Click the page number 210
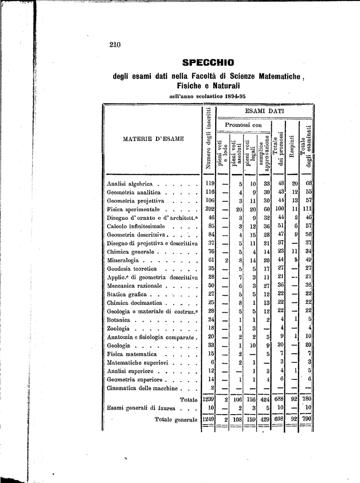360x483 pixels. [115, 45]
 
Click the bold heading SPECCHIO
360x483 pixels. [208, 62]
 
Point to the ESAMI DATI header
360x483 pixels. [264, 111]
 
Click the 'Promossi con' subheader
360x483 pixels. [243, 125]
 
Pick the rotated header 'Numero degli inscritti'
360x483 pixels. [208, 139]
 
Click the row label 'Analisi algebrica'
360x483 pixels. [130, 184]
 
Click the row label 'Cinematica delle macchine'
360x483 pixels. [142, 389]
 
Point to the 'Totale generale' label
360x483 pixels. [176, 419]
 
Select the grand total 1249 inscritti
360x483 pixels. [208, 419]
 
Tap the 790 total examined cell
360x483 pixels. [307, 419]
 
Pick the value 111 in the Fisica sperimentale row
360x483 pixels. [307, 209]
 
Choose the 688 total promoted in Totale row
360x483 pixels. [279, 399]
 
